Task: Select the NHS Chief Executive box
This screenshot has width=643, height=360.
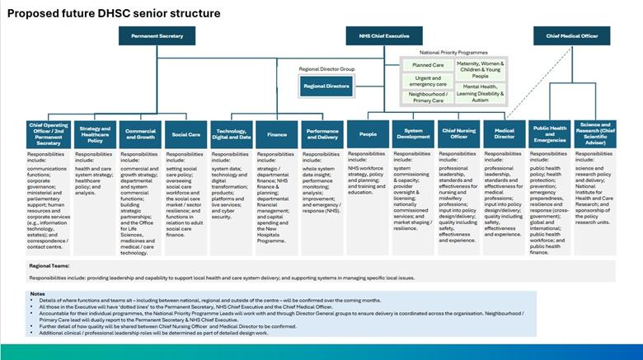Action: pyautogui.click(x=378, y=35)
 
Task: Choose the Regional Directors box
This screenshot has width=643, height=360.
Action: pyautogui.click(x=326, y=86)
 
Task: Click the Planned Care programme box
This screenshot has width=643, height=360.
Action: pyautogui.click(x=428, y=64)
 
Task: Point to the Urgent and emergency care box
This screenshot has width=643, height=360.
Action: pyautogui.click(x=428, y=81)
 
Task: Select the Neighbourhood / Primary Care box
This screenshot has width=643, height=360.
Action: pyautogui.click(x=428, y=98)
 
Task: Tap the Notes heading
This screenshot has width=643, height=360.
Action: pyautogui.click(x=37, y=293)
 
